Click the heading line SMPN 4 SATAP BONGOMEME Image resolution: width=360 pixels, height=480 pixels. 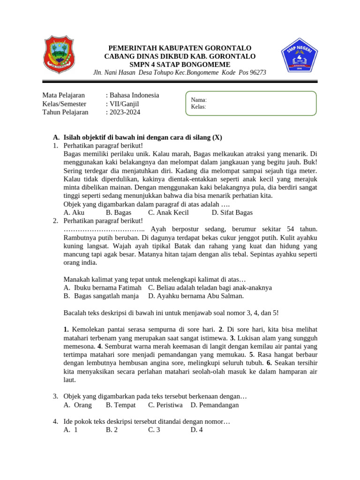[180, 64]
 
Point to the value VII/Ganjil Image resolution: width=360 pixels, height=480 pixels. [125, 104]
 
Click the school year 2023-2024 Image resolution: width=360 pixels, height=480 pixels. [125, 112]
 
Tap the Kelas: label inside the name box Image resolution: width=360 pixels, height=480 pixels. [199, 106]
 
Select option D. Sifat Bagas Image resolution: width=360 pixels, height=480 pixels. [232, 212]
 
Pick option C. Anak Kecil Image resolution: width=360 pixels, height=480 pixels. [168, 212]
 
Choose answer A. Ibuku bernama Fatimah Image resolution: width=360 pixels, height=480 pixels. [102, 287]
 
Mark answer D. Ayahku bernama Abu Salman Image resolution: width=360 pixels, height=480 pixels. [196, 296]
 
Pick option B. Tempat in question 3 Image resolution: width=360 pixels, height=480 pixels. [120, 405]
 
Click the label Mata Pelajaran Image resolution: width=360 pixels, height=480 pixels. [64, 95]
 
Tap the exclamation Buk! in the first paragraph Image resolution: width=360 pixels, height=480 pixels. [310, 162]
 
